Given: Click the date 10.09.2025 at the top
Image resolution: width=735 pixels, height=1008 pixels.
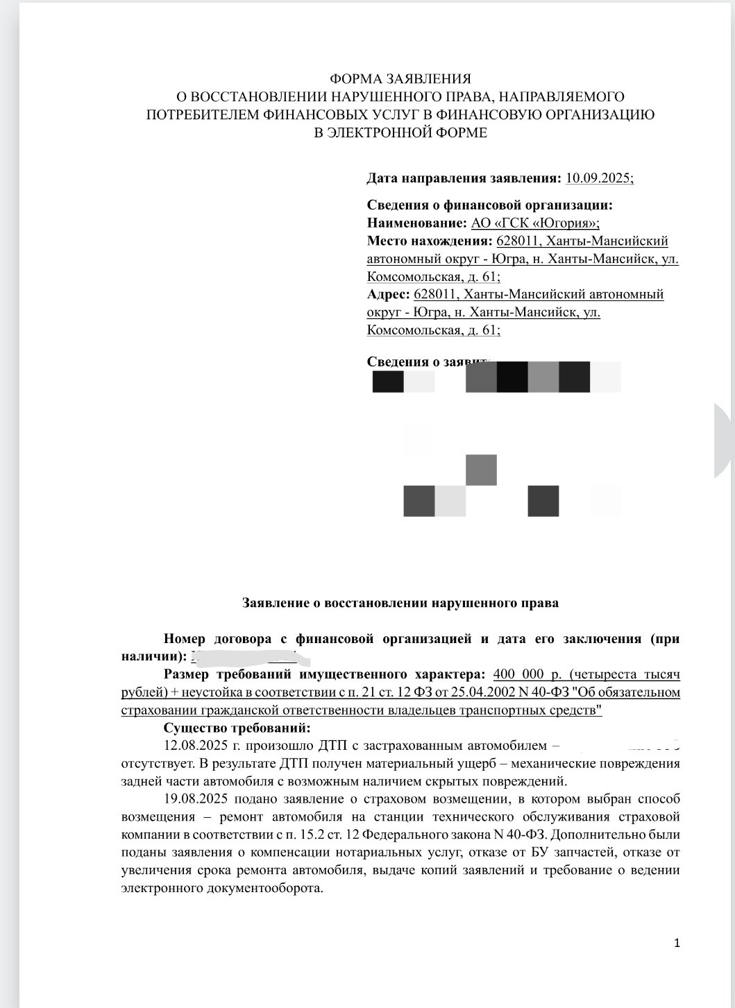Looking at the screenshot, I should [599, 178].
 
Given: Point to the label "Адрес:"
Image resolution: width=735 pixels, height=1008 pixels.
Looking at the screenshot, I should [387, 295].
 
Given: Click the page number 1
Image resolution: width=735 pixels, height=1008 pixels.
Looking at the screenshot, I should [677, 943].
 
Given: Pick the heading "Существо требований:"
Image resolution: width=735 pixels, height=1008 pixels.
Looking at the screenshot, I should [237, 728].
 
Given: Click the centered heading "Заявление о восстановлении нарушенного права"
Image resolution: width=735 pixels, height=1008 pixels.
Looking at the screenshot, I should [400, 603].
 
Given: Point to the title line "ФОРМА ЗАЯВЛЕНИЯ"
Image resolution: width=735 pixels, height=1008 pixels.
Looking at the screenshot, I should [400, 79].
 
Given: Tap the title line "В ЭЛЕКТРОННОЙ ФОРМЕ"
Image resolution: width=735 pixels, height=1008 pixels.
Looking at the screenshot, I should [400, 133].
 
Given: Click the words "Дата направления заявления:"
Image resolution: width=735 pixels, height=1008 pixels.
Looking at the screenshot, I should [464, 178].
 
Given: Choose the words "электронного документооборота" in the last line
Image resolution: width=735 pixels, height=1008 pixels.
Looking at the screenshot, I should [222, 888].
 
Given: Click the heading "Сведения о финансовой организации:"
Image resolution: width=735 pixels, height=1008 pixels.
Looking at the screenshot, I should [489, 205].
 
